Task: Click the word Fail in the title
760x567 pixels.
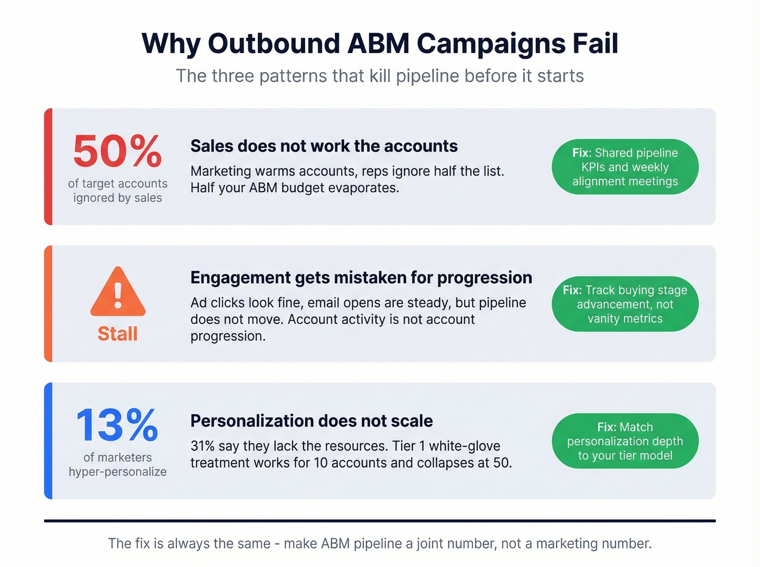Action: pyautogui.click(x=595, y=43)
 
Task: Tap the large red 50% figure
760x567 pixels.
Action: pyautogui.click(x=117, y=151)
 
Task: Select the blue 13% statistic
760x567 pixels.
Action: pyautogui.click(x=117, y=425)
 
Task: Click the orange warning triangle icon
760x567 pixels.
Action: pyautogui.click(x=118, y=293)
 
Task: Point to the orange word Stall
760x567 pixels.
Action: pyautogui.click(x=118, y=334)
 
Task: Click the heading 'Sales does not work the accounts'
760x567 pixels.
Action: pyautogui.click(x=324, y=146)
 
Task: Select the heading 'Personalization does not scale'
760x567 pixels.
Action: pyautogui.click(x=312, y=421)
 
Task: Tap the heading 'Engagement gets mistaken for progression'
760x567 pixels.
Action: pyautogui.click(x=361, y=278)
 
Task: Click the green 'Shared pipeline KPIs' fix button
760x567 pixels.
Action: pyautogui.click(x=625, y=167)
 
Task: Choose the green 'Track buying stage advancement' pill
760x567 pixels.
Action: pyautogui.click(x=625, y=304)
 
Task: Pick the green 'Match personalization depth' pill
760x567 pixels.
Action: pyautogui.click(x=625, y=441)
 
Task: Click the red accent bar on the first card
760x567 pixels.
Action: pyautogui.click(x=48, y=167)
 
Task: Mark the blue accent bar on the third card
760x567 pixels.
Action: pyautogui.click(x=48, y=441)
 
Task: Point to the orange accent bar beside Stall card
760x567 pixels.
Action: pyautogui.click(x=48, y=304)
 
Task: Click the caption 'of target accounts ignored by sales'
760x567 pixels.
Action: pyautogui.click(x=118, y=191)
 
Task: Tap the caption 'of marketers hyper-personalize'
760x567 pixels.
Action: pyautogui.click(x=118, y=464)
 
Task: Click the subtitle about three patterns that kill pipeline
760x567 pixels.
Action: pyautogui.click(x=379, y=76)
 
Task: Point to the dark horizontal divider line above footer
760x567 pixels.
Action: pyautogui.click(x=379, y=521)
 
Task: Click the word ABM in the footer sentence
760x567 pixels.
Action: pyautogui.click(x=335, y=544)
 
